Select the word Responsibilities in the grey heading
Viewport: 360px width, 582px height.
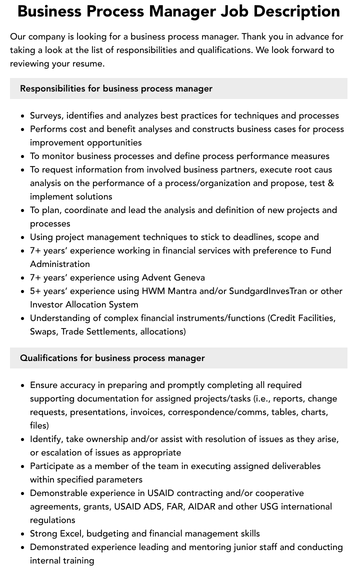pos(52,88)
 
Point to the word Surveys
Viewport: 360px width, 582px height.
pos(46,115)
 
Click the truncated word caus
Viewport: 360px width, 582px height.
pos(322,169)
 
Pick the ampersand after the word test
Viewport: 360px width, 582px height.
pos(330,183)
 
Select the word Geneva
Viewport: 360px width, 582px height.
pos(188,277)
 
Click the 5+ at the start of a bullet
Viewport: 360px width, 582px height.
pos(36,291)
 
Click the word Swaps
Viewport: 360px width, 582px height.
pos(43,331)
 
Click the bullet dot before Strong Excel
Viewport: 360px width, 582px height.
pos(23,533)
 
